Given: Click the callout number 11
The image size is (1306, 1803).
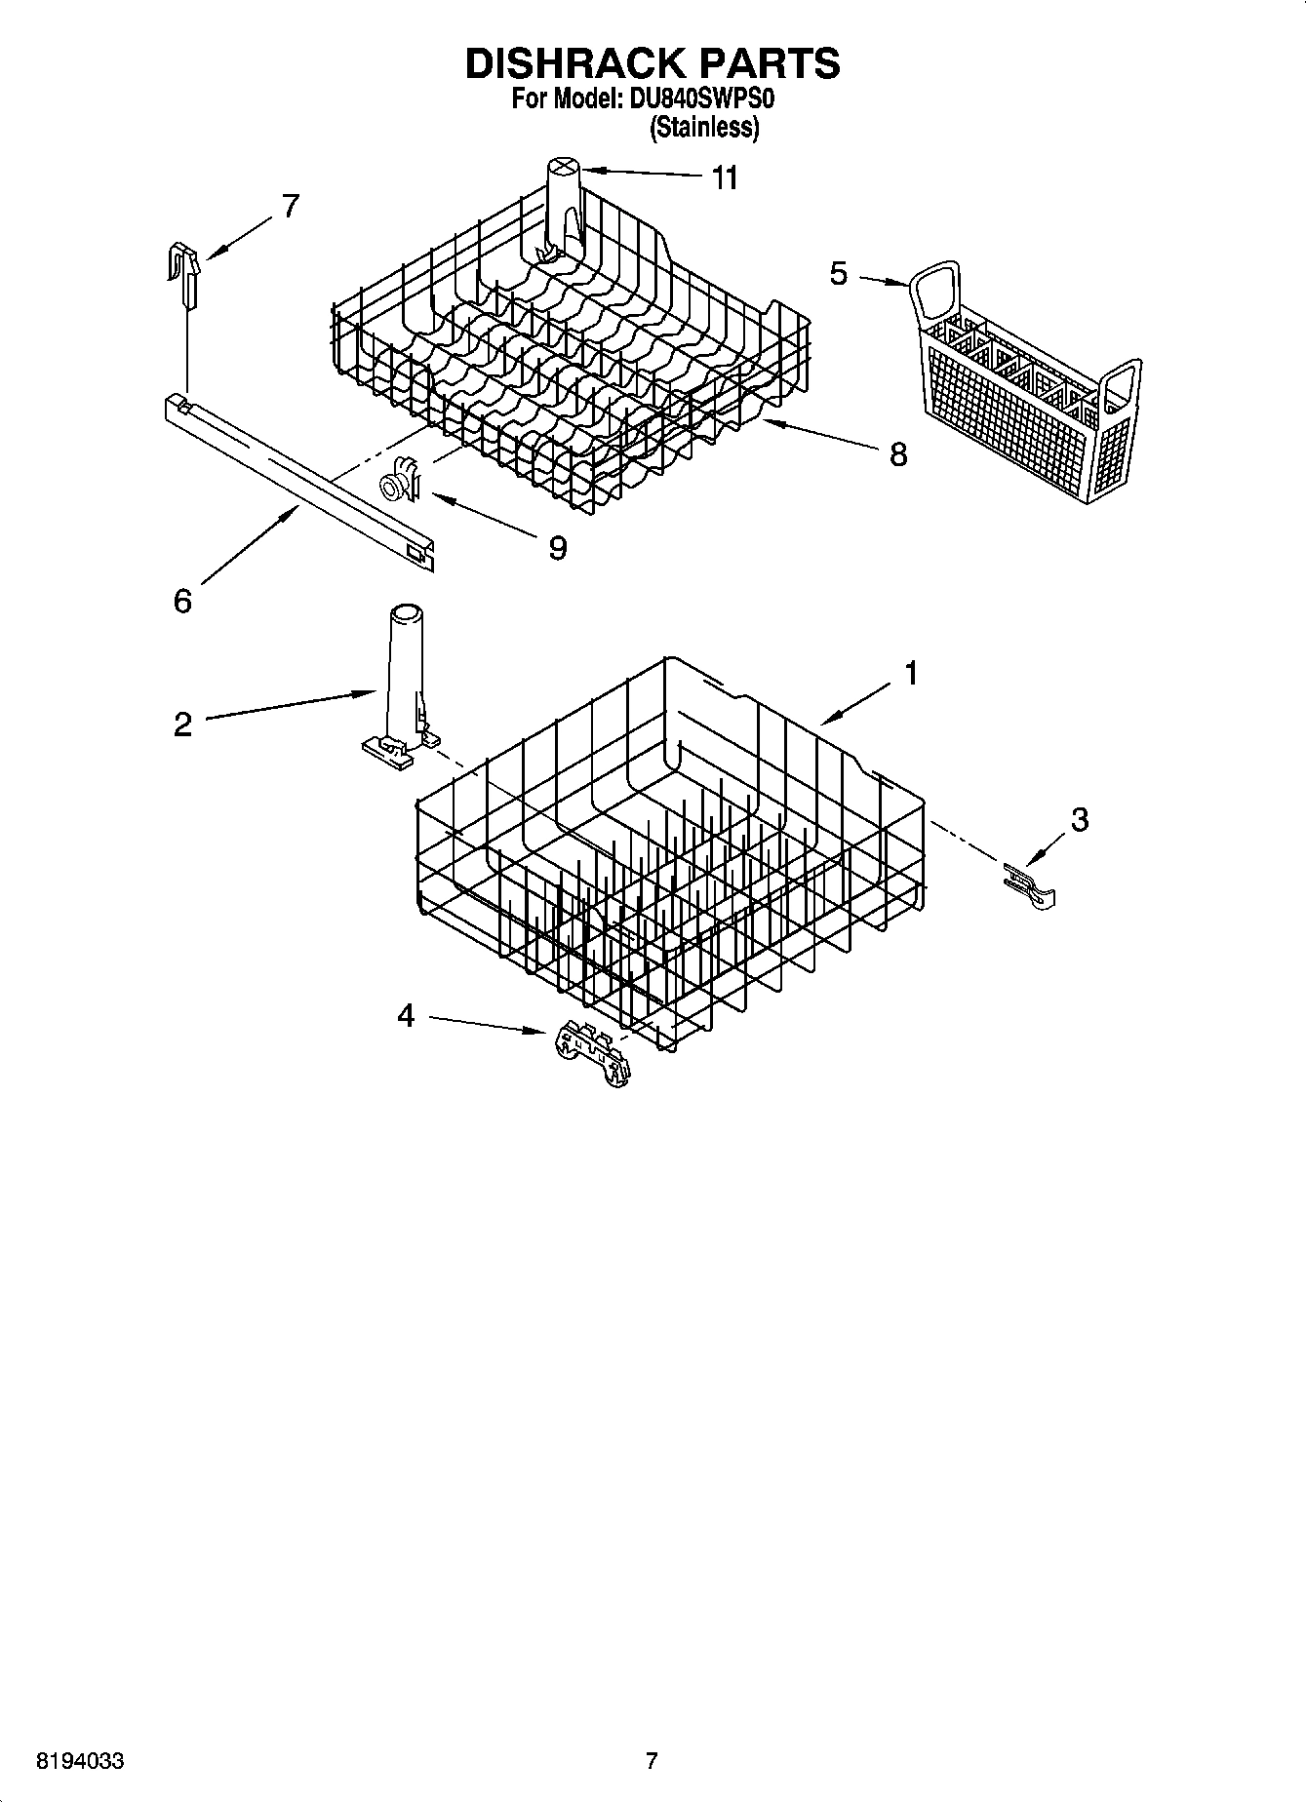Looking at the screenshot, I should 725,178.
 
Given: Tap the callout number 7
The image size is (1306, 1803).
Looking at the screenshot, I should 291,207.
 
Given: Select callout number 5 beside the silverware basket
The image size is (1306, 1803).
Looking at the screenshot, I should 838,274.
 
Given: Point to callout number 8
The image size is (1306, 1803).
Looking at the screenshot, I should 897,453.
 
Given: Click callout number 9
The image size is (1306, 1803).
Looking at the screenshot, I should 557,548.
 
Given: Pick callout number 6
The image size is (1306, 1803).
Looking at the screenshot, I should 182,601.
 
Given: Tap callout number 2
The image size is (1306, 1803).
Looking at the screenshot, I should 183,725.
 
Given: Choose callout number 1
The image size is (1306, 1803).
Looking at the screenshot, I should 910,673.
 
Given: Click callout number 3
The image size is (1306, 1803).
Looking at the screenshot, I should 1079,820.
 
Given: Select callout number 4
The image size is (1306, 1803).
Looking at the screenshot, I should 406,1016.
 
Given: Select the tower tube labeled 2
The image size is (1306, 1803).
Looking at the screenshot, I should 402,683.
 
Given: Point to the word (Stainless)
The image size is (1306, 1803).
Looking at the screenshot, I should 704,127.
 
